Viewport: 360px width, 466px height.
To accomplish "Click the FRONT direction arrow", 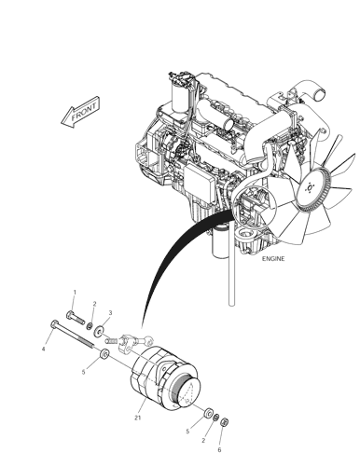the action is (x=80, y=113).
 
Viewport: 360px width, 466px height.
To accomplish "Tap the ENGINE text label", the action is (x=273, y=258).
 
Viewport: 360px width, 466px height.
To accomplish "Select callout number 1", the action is (x=75, y=292).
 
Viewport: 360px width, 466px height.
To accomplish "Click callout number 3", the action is (x=110, y=313).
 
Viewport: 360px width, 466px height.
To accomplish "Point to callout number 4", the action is (x=44, y=349).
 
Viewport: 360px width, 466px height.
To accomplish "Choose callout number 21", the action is (x=138, y=418).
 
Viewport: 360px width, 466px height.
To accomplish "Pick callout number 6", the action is (x=219, y=449).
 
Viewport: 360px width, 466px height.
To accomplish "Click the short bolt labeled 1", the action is (x=76, y=318).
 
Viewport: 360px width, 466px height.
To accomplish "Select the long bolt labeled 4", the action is (x=72, y=334).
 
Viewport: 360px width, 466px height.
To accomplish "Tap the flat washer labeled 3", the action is (x=100, y=331).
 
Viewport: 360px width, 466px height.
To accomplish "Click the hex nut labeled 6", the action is (x=224, y=422).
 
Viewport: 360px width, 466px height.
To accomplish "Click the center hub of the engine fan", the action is (x=310, y=188).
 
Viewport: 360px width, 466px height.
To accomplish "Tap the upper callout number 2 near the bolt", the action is (x=94, y=304).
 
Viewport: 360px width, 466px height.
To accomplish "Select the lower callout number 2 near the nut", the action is (x=203, y=440).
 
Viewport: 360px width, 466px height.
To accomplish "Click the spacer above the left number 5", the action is (x=104, y=353).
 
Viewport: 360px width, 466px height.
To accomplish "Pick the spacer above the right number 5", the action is (x=207, y=413).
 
